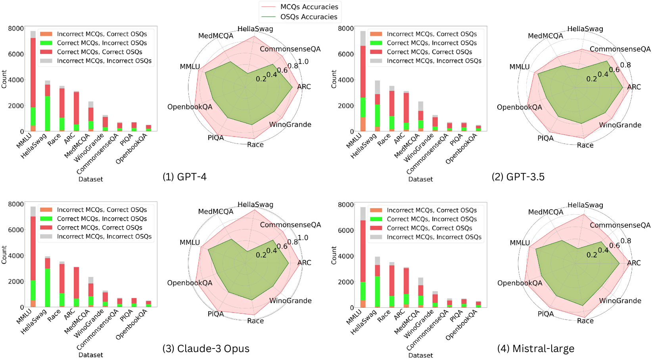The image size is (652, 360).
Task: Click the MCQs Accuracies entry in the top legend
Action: tap(309, 7)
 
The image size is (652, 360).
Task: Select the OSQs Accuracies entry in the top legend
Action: tap(309, 17)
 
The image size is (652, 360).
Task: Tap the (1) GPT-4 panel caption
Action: tap(184, 177)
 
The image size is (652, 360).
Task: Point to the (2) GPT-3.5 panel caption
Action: tap(518, 177)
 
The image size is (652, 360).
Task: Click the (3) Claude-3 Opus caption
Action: tap(206, 349)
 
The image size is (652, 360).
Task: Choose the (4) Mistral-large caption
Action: tap(535, 349)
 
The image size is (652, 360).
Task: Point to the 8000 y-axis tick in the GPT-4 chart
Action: tap(16, 29)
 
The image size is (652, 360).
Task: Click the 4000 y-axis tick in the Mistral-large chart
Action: tap(346, 256)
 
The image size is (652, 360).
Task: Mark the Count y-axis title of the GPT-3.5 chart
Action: tap(334, 79)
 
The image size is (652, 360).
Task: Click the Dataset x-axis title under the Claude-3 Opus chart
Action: tap(90, 355)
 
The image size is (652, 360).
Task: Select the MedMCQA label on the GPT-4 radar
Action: tap(216, 36)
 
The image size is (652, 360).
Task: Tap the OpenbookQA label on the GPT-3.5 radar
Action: tap(520, 107)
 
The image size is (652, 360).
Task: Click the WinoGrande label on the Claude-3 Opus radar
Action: tap(290, 301)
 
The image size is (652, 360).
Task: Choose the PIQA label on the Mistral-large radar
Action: tap(545, 314)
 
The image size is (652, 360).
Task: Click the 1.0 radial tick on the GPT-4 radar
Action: tap(303, 61)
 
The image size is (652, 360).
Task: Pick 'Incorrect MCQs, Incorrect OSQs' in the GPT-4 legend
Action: tap(104, 61)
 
